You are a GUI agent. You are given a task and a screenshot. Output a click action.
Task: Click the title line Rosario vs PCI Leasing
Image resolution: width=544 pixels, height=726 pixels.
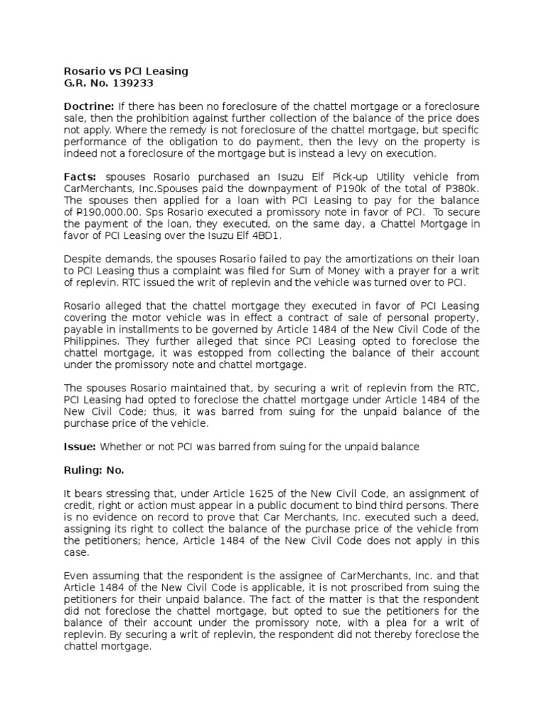pyautogui.click(x=126, y=71)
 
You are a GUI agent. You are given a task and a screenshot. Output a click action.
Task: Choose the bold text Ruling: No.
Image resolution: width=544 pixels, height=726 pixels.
pyautogui.click(x=94, y=470)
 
